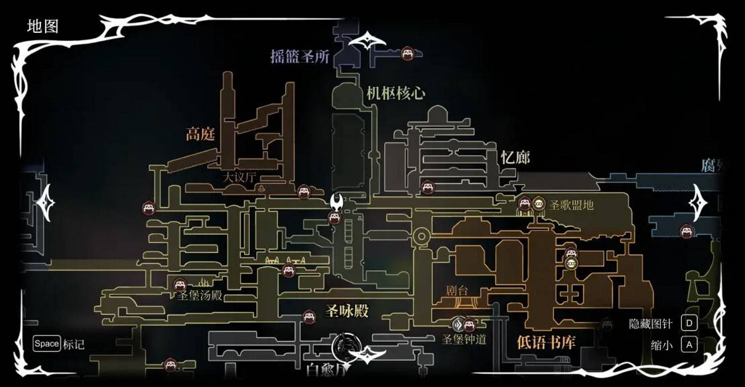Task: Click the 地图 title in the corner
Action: pos(43,26)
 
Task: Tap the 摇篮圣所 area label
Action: pos(299,57)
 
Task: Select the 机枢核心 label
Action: pos(396,93)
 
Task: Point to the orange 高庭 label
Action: pos(200,134)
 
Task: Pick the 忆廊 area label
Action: pos(515,157)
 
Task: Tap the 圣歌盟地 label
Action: pos(571,205)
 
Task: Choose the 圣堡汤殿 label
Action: pos(200,295)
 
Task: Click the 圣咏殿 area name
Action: pos(347,311)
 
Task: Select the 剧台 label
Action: pos(458,291)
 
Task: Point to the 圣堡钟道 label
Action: pos(464,340)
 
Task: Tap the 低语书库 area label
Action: pos(546,342)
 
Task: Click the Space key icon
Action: pos(46,343)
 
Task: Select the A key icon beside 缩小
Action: pos(689,344)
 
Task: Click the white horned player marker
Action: pos(337,203)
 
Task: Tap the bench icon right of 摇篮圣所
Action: pos(407,53)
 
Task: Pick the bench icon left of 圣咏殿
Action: pos(308,316)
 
